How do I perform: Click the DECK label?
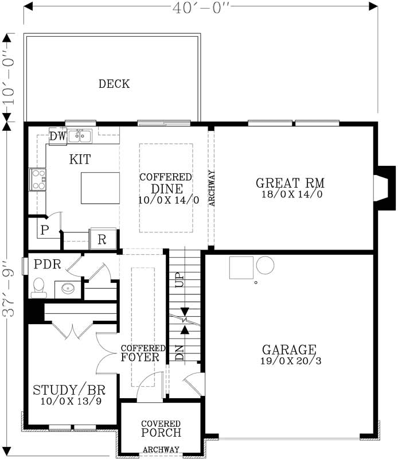pos(114,84)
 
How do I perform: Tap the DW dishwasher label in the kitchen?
pos(57,137)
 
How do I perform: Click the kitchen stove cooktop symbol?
pos(38,178)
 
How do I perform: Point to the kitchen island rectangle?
pos(100,188)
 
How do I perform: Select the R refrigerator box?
pos(102,239)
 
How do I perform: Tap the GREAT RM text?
pos(290,184)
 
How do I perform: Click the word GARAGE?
pos(289,349)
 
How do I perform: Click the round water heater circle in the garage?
pos(266,265)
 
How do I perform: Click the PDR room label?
pos(46,264)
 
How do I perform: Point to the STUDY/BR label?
pos(68,391)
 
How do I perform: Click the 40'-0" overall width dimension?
pos(200,7)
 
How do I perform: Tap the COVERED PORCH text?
pos(161,429)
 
